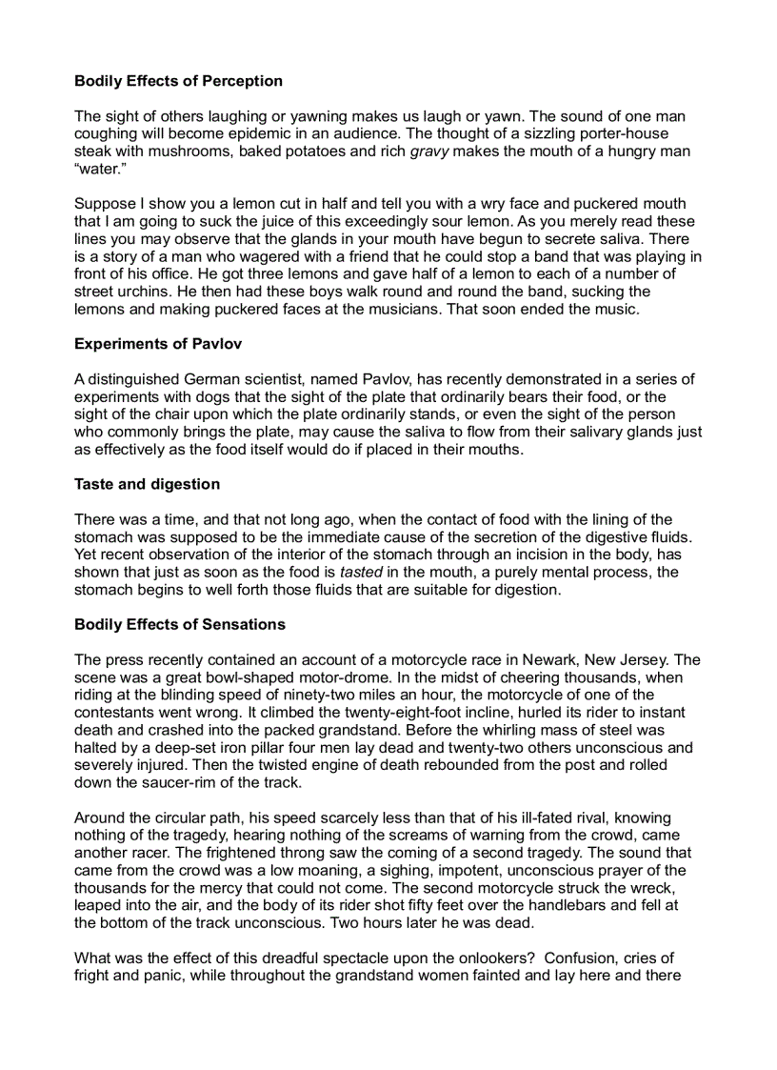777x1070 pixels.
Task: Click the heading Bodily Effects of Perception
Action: click(178, 81)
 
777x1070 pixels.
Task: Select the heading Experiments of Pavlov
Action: click(155, 345)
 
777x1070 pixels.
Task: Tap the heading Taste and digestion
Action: click(147, 484)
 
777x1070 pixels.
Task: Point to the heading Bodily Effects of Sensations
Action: click(180, 625)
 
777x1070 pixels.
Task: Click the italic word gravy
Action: click(428, 151)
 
